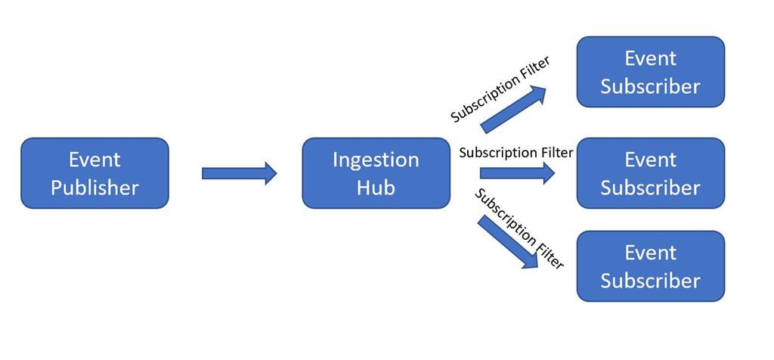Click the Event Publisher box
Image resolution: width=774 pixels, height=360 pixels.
(94, 172)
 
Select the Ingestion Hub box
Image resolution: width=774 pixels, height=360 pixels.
(376, 172)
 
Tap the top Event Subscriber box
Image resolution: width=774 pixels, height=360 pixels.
(650, 72)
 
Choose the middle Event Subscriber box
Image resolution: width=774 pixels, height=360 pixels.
(650, 172)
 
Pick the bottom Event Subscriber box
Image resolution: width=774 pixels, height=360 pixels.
(650, 265)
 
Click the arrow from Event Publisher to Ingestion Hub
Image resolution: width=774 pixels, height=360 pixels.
(239, 173)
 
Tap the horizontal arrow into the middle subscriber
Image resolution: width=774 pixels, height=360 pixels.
(517, 173)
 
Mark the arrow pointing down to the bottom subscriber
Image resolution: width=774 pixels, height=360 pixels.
(509, 242)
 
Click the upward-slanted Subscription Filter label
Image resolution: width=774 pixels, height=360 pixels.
(500, 89)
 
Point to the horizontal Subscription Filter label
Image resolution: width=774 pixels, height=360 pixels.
(516, 152)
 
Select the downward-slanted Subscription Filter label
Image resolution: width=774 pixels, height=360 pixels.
(520, 228)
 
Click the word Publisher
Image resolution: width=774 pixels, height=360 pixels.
(94, 187)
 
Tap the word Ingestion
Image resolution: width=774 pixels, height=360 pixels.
(376, 160)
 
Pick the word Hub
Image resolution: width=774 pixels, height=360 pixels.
(376, 187)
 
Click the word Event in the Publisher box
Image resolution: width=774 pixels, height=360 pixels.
(94, 160)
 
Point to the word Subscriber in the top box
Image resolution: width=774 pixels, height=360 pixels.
(650, 86)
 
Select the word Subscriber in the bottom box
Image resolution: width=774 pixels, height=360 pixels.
(650, 280)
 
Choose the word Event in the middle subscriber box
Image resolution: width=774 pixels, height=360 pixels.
(650, 160)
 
